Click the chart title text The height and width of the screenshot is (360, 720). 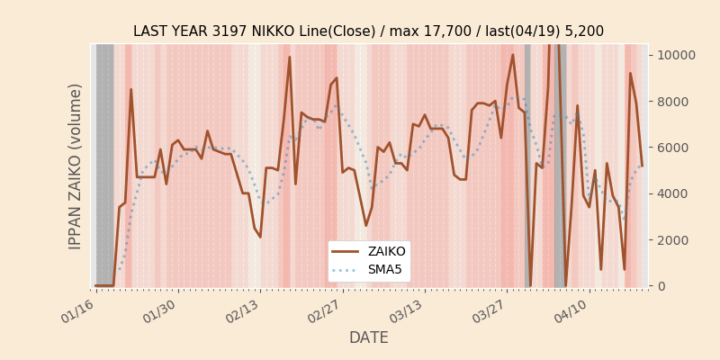click(x=368, y=31)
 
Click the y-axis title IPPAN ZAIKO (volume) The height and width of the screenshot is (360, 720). click(x=76, y=166)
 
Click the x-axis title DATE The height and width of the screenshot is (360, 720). click(x=368, y=337)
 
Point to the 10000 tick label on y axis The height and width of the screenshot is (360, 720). click(x=674, y=55)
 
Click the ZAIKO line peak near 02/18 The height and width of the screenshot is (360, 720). click(x=289, y=58)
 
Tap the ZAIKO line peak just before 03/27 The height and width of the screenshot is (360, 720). click(x=513, y=55)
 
